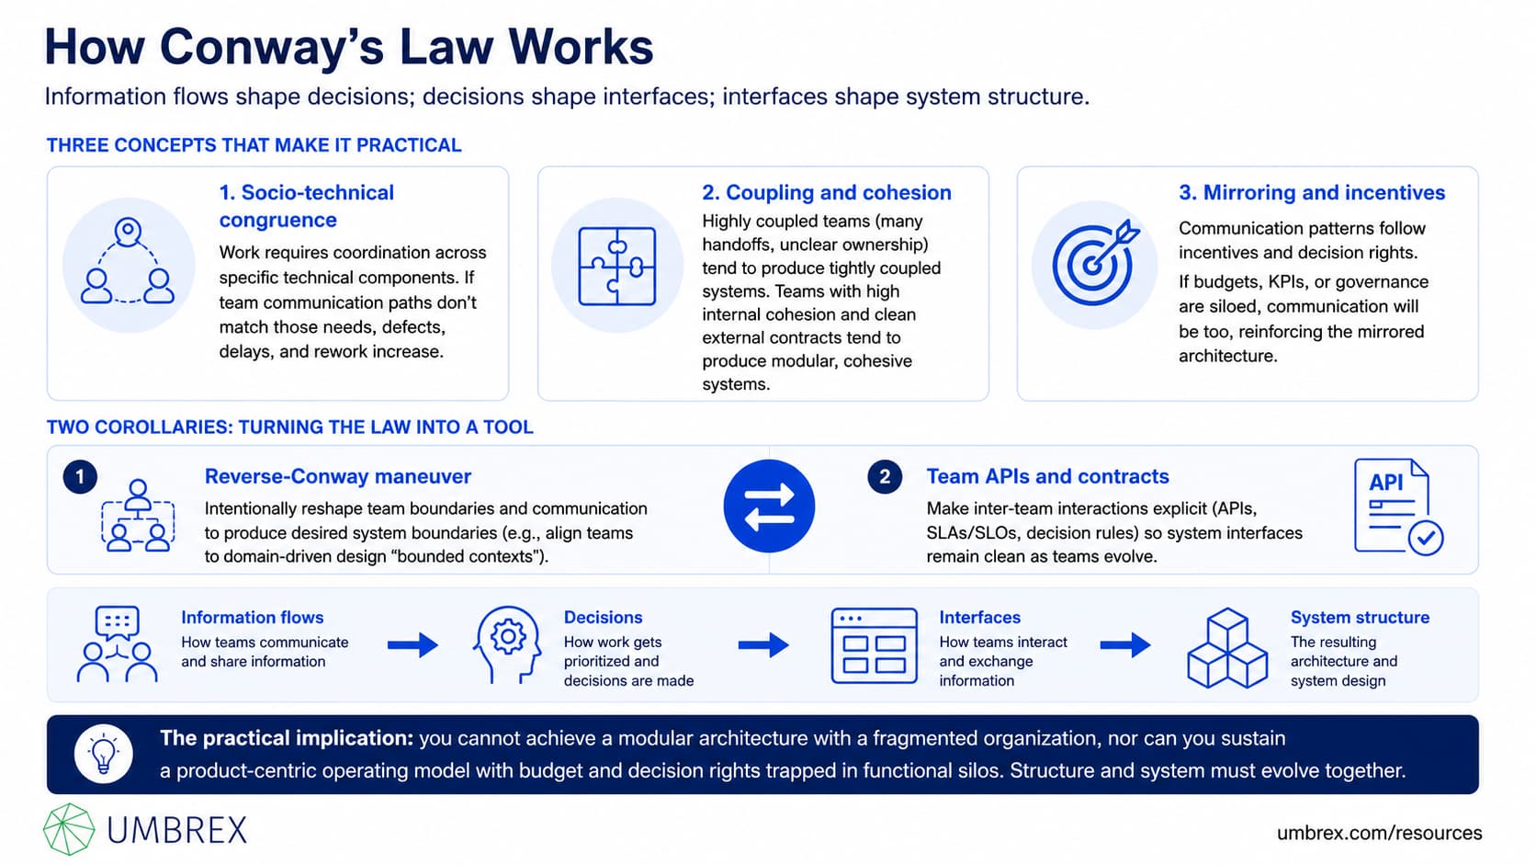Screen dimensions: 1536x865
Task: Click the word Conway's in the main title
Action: point(278,47)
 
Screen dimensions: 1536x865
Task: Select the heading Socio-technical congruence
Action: point(307,206)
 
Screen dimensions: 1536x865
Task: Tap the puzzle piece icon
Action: point(617,267)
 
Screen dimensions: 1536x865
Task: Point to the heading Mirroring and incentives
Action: point(1312,193)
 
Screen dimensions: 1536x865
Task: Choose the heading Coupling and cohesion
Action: point(826,193)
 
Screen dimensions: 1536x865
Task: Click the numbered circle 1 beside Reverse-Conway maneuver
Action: point(80,477)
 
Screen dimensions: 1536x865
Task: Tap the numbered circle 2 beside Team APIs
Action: point(885,477)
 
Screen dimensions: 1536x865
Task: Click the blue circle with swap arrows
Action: point(769,506)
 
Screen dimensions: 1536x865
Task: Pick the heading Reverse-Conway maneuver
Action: point(338,477)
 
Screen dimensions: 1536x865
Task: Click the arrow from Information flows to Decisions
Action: point(412,644)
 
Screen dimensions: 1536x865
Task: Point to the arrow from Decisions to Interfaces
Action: point(763,644)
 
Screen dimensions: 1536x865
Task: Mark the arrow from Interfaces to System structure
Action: point(1125,644)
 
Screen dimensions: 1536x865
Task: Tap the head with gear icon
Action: point(507,644)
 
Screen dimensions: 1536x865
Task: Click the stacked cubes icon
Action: point(1227,647)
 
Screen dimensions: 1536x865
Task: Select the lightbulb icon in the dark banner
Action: point(104,754)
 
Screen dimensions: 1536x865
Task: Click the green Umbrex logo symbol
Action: point(69,829)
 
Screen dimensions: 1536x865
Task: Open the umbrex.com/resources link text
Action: point(1379,833)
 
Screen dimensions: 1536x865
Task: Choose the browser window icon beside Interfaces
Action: point(875,645)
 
